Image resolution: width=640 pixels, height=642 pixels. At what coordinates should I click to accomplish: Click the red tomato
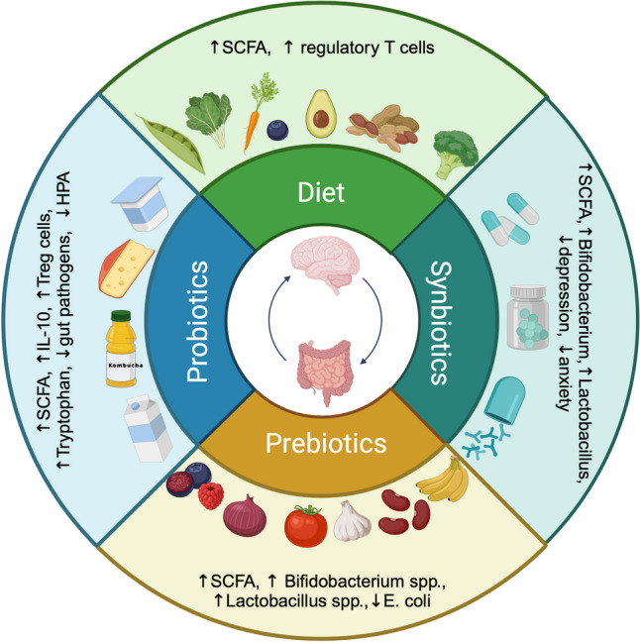tap(306, 524)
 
